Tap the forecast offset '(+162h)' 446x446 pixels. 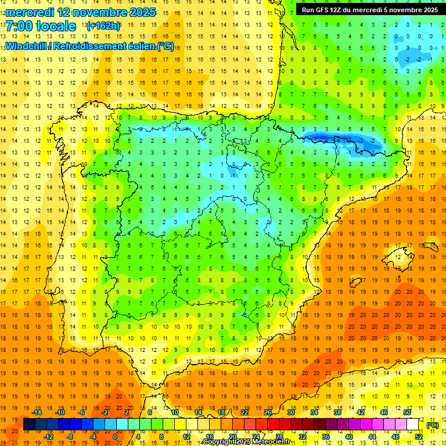coord(103,26)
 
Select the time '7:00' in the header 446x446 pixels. coord(20,26)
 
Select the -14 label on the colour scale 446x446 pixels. coord(37,412)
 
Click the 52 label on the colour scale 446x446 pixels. coord(419,437)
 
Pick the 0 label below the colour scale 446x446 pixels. coord(115,437)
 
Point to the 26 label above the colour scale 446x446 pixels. coord(268,412)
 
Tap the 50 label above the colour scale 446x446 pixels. coord(407,412)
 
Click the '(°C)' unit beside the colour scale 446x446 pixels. coord(432,425)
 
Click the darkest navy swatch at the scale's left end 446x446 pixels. coord(28,425)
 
